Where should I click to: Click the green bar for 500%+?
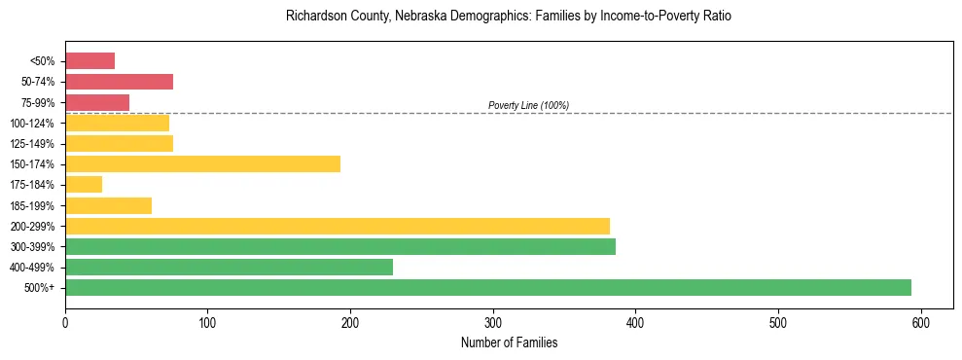point(487,287)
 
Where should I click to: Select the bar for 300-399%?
point(339,246)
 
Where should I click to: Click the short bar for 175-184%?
point(84,184)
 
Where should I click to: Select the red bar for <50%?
point(89,60)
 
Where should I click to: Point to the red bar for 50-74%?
point(119,82)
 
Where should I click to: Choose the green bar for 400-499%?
point(229,267)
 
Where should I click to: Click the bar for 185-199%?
point(108,205)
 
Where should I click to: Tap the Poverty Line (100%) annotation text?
point(528,105)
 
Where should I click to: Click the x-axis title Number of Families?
point(509,342)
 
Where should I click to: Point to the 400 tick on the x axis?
point(635,321)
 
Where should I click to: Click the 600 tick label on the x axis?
point(920,321)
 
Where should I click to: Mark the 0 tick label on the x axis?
point(65,321)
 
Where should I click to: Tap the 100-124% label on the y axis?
point(33,124)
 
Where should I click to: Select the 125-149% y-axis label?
point(33,144)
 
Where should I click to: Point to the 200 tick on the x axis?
point(350,321)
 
